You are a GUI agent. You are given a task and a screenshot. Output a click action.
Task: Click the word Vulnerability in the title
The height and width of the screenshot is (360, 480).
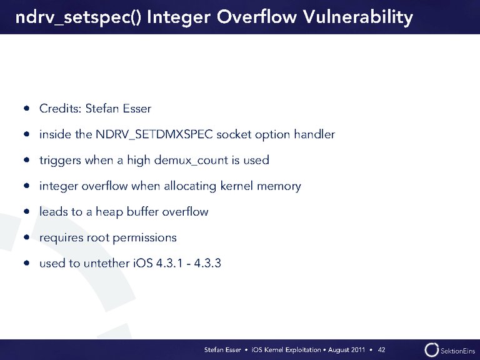tap(358, 17)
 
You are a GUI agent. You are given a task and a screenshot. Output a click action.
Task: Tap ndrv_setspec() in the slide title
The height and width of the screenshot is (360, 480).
tap(78, 17)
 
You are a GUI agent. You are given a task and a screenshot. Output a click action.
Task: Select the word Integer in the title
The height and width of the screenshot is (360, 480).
tap(179, 17)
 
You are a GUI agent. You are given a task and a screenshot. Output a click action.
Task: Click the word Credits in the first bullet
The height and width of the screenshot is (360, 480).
tap(60, 108)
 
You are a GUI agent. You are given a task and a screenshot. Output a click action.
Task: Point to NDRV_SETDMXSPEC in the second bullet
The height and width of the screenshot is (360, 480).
tap(154, 134)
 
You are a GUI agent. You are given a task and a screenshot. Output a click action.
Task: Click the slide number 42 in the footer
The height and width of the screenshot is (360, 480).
tap(381, 349)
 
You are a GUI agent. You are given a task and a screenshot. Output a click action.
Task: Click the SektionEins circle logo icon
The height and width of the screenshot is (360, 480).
tap(431, 350)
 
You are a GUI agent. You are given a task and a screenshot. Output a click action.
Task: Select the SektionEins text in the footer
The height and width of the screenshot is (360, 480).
tap(457, 351)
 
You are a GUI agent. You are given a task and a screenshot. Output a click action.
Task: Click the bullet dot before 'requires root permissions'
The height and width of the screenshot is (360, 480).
tap(27, 237)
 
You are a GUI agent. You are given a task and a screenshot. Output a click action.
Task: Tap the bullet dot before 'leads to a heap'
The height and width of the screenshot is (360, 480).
tap(27, 211)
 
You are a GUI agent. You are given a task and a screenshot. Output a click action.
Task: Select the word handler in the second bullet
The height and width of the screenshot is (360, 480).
tap(314, 134)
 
